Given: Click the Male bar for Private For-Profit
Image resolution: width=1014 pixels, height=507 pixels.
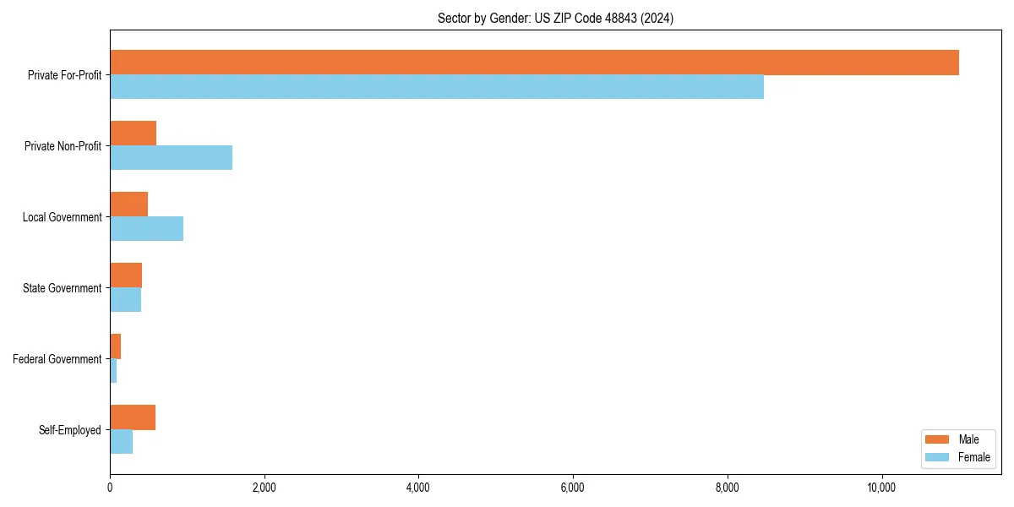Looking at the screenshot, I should (x=534, y=63).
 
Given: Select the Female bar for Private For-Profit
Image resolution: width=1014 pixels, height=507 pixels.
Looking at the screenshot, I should (x=437, y=87).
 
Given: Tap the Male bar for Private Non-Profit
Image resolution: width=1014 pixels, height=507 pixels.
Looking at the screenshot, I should (x=133, y=134).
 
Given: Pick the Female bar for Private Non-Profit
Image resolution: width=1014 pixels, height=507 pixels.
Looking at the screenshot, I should (x=171, y=158).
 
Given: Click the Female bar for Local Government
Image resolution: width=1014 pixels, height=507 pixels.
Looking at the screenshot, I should (x=146, y=229).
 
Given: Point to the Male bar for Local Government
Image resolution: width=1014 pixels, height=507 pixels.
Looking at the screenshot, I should (x=128, y=204).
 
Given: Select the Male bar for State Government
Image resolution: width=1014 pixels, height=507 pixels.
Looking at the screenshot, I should (x=126, y=275).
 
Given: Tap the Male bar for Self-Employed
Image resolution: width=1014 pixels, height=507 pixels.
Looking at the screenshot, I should (x=133, y=417).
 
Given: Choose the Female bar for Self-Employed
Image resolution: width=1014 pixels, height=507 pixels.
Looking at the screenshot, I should (x=121, y=442).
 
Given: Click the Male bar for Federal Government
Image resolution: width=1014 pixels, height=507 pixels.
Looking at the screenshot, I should (x=115, y=346).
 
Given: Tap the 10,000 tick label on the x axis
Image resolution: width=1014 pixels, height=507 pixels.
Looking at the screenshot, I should (x=881, y=488).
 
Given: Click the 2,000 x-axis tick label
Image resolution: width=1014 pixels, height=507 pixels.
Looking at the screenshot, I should (x=264, y=488).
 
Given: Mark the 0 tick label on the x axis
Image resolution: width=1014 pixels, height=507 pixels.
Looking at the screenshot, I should (x=110, y=488).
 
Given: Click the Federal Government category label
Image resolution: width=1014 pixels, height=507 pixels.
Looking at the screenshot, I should (x=57, y=359).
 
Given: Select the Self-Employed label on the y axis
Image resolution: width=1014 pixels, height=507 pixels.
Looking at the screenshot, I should (x=70, y=430).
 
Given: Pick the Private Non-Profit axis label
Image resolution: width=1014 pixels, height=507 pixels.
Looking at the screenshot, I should (x=63, y=146).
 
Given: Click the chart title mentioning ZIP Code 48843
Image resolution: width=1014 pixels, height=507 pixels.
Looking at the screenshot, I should (x=555, y=18).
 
